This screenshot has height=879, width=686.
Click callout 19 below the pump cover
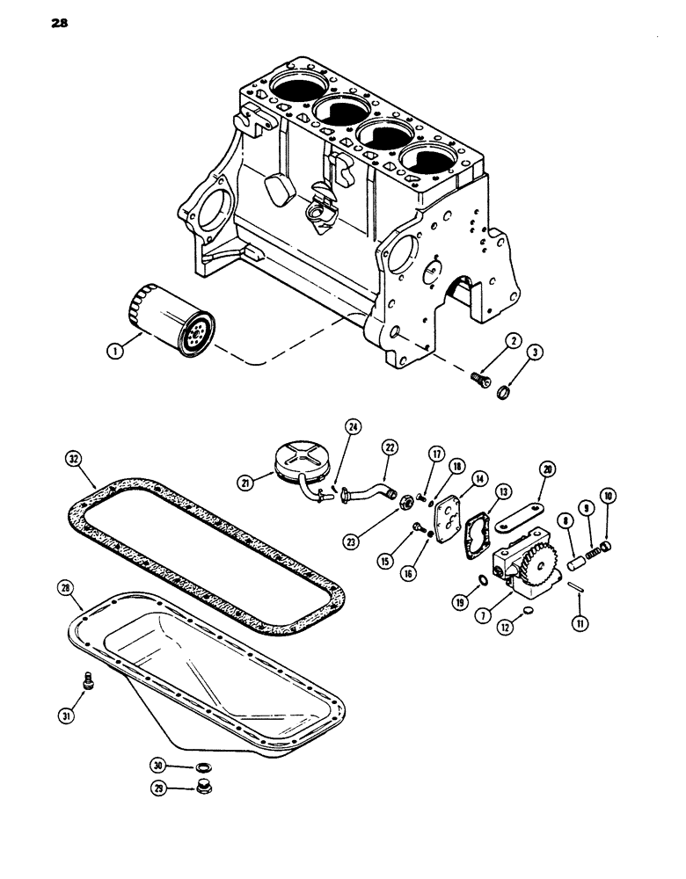click(460, 602)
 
